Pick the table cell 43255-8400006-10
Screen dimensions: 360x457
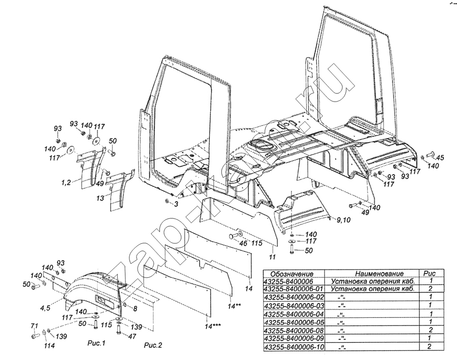coord(294,347)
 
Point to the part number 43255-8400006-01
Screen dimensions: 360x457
coord(294,289)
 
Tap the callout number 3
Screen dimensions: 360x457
coord(176,205)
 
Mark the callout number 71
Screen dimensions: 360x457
coord(35,326)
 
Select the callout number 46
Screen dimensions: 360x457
coord(243,244)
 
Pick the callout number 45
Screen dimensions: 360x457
coord(440,158)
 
